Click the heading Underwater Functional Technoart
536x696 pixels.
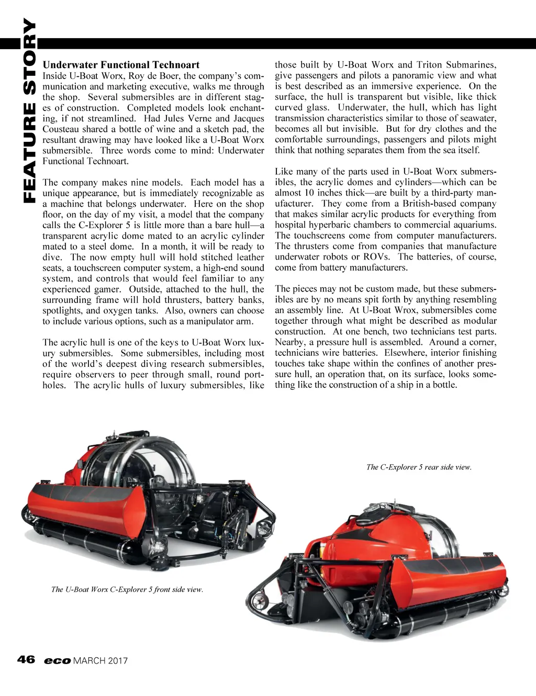(x=121, y=65)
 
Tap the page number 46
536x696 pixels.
(x=26, y=659)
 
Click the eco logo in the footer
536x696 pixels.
(x=58, y=660)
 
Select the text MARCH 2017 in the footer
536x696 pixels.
(x=100, y=660)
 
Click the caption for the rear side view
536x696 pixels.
(x=419, y=467)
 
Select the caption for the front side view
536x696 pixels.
(x=127, y=589)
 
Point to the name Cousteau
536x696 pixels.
(x=61, y=129)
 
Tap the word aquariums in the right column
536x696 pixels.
(x=474, y=225)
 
